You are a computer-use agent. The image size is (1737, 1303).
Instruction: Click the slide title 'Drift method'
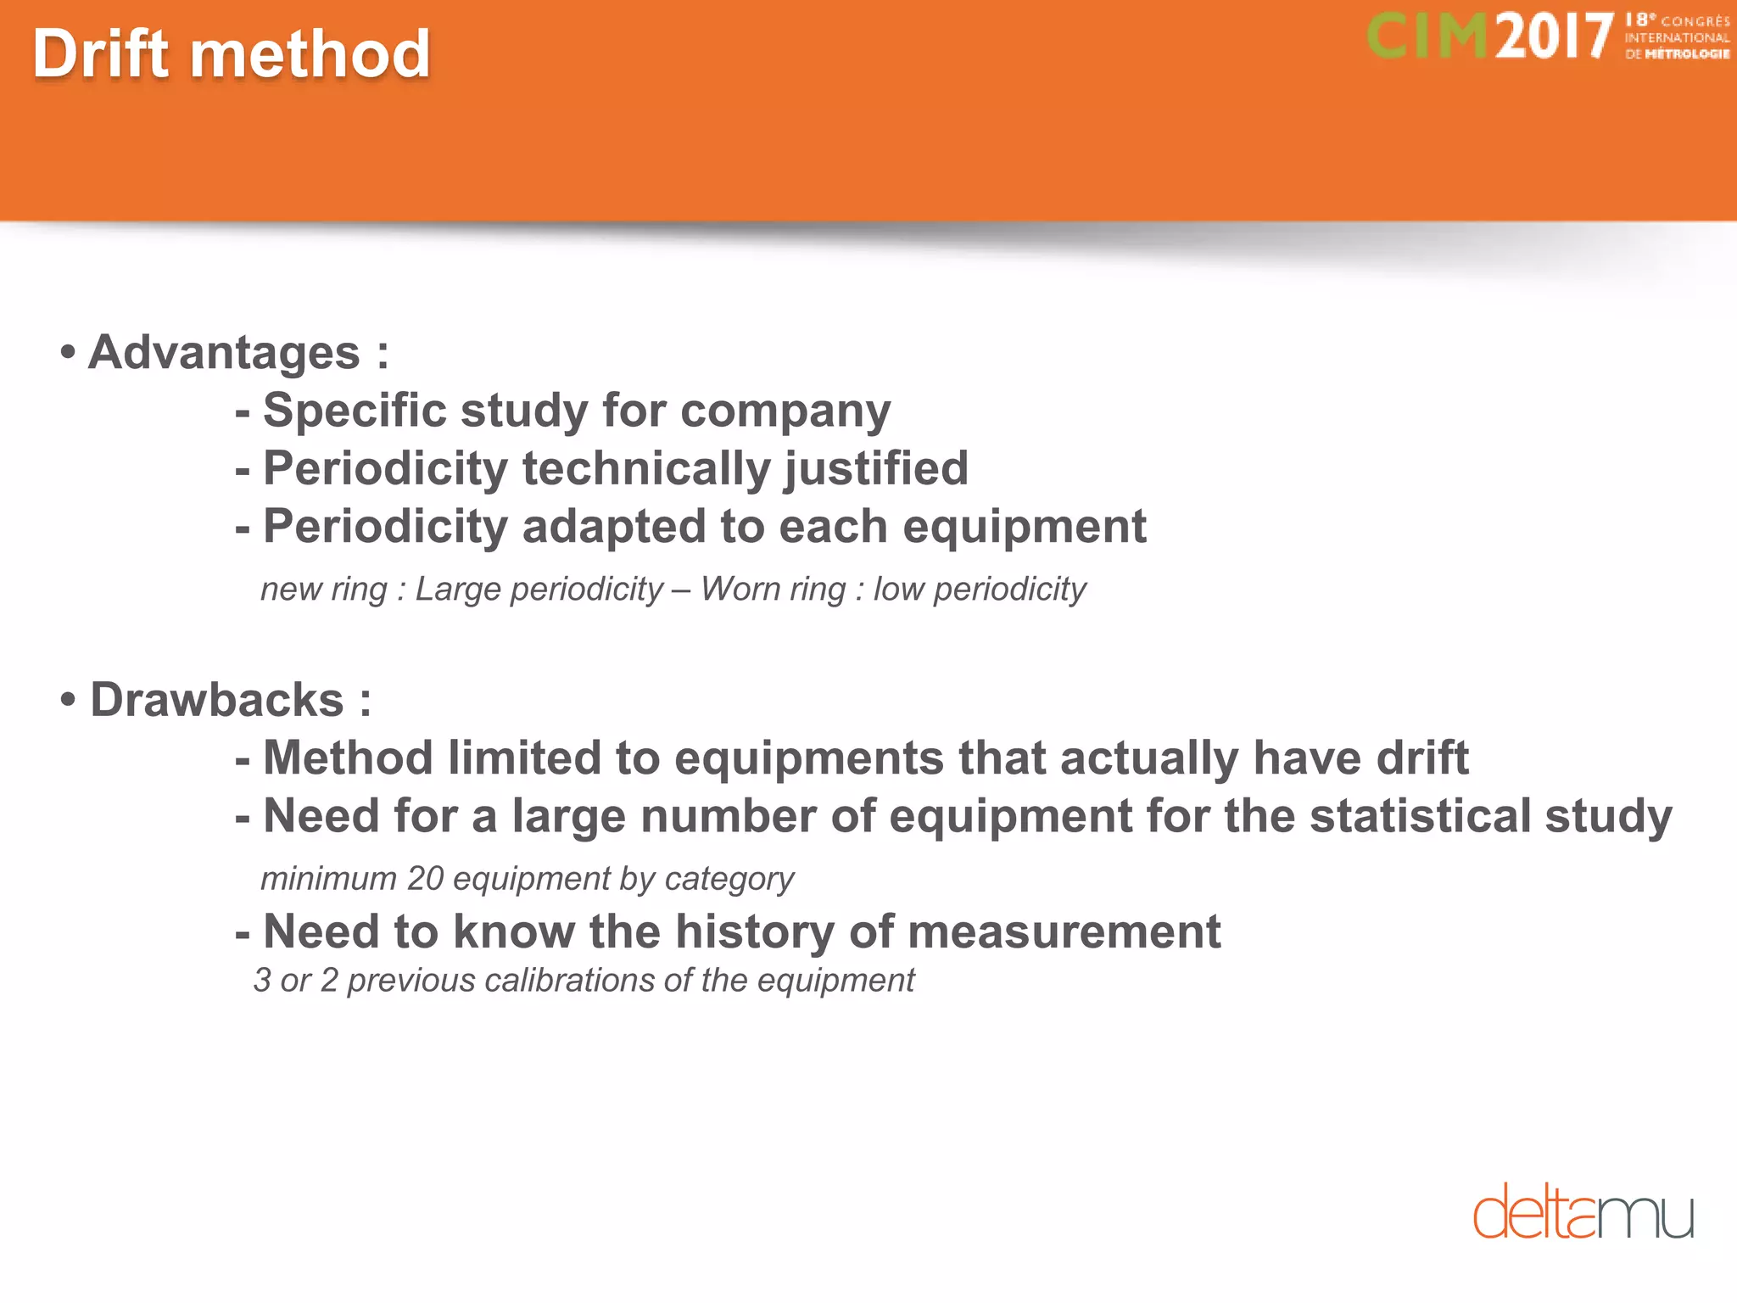pyautogui.click(x=232, y=54)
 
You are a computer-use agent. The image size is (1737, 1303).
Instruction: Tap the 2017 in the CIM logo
pyautogui.click(x=1553, y=37)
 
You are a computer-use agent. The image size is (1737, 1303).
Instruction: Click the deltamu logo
pyautogui.click(x=1583, y=1211)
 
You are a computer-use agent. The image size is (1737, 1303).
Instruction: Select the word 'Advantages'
pyautogui.click(x=225, y=353)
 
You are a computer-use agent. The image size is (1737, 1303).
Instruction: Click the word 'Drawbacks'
pyautogui.click(x=217, y=701)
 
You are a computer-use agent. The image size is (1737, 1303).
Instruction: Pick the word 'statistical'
pyautogui.click(x=1420, y=816)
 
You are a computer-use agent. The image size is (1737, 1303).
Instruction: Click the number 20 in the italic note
pyautogui.click(x=426, y=879)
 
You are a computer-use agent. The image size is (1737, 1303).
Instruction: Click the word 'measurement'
pyautogui.click(x=1064, y=932)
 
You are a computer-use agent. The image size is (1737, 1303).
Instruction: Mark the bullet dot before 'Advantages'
pyautogui.click(x=69, y=353)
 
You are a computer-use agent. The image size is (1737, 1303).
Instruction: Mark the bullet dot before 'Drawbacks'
pyautogui.click(x=69, y=701)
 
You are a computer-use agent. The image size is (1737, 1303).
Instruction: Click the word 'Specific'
pyautogui.click(x=355, y=411)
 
